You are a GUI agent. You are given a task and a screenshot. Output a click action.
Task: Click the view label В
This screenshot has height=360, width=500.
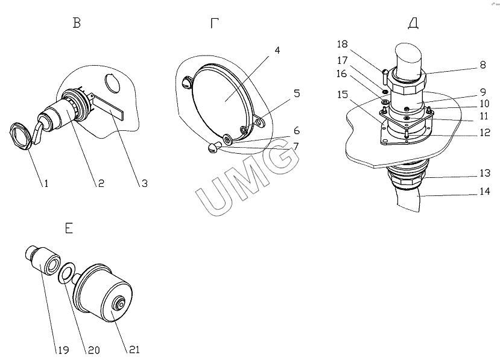77,23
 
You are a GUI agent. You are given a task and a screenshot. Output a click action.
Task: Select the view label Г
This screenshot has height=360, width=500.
215,23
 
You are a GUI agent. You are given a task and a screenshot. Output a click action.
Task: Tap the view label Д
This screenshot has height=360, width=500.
413,23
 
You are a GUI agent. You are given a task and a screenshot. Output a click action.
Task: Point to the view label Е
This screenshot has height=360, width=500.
69,228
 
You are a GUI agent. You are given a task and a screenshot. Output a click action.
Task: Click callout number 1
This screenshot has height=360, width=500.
46,183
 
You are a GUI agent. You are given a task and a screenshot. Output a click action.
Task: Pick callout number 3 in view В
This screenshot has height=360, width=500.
145,183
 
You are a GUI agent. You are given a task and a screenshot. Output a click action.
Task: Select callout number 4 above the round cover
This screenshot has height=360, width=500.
277,51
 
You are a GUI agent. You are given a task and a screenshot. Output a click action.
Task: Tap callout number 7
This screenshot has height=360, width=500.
296,147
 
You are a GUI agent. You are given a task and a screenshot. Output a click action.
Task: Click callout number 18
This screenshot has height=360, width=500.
342,44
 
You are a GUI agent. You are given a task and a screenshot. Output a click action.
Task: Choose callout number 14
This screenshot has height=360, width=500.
485,191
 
